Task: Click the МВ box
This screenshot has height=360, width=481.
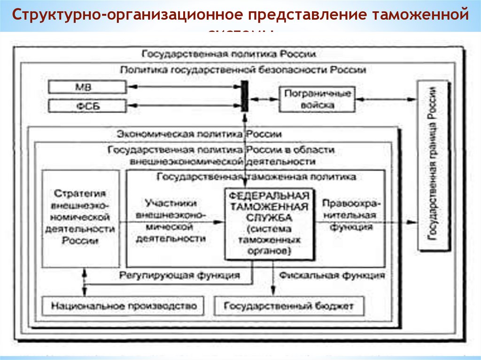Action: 87,87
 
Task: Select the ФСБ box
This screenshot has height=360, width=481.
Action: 87,105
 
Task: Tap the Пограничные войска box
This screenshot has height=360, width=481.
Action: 318,99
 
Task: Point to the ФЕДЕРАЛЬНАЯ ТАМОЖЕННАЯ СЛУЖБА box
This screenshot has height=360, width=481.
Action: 269,224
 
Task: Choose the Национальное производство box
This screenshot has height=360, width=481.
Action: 123,306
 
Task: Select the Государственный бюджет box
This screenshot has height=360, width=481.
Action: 289,306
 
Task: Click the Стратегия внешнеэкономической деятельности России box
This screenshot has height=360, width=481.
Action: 80,218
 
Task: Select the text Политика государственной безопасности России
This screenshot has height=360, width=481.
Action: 243,69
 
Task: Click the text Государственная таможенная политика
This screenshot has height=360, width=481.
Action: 256,177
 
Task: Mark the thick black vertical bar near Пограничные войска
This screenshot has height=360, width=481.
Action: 244,96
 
